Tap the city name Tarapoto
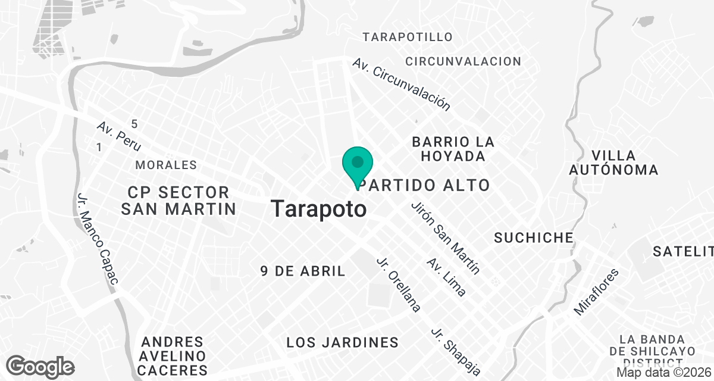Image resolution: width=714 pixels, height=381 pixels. click(318, 209)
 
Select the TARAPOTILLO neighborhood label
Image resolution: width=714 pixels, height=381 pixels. click(408, 37)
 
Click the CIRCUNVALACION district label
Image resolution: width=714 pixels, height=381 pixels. click(463, 61)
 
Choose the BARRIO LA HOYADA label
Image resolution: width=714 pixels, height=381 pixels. click(453, 149)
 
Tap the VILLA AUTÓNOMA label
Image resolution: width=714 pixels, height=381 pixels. click(613, 163)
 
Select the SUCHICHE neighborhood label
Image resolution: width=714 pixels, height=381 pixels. click(534, 238)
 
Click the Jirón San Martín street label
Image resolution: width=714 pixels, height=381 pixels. click(445, 238)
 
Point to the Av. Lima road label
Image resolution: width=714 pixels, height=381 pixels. click(446, 277)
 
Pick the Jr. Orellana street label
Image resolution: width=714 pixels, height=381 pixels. click(399, 285)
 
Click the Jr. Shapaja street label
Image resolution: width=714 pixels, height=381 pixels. click(456, 351)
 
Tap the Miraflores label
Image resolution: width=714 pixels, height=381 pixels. click(596, 292)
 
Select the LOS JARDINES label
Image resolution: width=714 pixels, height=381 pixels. click(342, 342)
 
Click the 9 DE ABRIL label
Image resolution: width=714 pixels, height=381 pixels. click(303, 271)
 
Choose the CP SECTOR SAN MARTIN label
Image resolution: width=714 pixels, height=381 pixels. click(178, 201)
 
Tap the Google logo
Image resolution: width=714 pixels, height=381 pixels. click(40, 366)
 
